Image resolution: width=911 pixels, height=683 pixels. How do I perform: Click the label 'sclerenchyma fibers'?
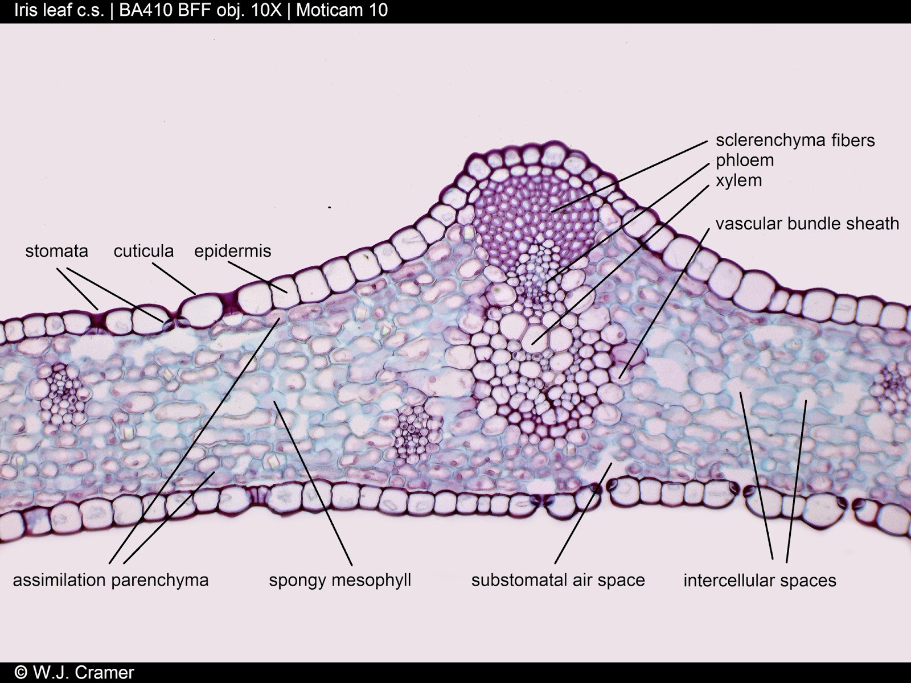(x=795, y=140)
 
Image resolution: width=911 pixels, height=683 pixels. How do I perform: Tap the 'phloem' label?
(x=745, y=161)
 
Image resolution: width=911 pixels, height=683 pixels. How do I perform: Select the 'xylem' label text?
(x=738, y=180)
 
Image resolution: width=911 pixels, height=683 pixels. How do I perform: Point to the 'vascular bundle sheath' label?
(x=807, y=224)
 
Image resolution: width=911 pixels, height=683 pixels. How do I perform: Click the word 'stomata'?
(x=56, y=251)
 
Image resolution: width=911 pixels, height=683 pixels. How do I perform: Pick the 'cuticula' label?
(x=143, y=251)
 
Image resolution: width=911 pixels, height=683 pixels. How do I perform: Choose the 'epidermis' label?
(x=232, y=251)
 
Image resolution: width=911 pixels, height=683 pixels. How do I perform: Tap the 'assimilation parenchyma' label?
(x=110, y=580)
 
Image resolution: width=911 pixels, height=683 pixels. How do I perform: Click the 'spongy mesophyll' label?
(x=340, y=580)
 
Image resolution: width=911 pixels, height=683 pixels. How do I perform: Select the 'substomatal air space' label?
(x=558, y=580)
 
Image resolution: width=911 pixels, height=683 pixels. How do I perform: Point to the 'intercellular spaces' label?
(x=760, y=581)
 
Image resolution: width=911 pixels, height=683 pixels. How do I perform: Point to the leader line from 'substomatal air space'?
(x=584, y=512)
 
